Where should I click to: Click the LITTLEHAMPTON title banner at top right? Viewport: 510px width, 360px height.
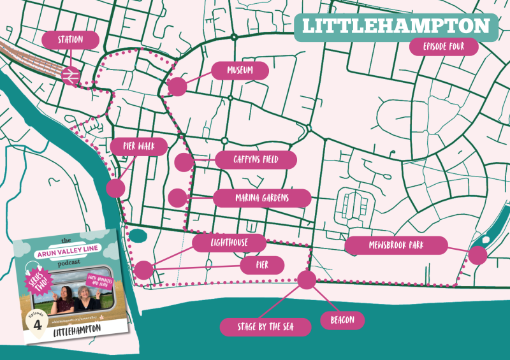point(395,27)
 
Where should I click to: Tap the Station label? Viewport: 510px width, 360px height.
point(71,40)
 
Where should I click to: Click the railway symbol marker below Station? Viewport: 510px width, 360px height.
point(70,75)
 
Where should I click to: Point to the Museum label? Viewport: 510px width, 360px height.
point(240,70)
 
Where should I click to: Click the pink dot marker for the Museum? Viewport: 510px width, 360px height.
point(177,87)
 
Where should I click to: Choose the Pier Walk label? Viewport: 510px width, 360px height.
point(138,146)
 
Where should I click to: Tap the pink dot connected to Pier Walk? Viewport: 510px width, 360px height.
point(115,188)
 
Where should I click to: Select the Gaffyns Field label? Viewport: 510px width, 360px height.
point(256,159)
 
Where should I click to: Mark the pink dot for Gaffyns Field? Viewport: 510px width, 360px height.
point(184,162)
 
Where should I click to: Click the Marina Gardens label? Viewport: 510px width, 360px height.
point(262,198)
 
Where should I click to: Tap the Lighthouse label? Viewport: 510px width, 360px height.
point(229,243)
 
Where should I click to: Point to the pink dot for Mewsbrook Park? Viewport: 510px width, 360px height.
point(477,255)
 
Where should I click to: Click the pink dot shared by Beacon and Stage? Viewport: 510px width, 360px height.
point(307,279)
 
